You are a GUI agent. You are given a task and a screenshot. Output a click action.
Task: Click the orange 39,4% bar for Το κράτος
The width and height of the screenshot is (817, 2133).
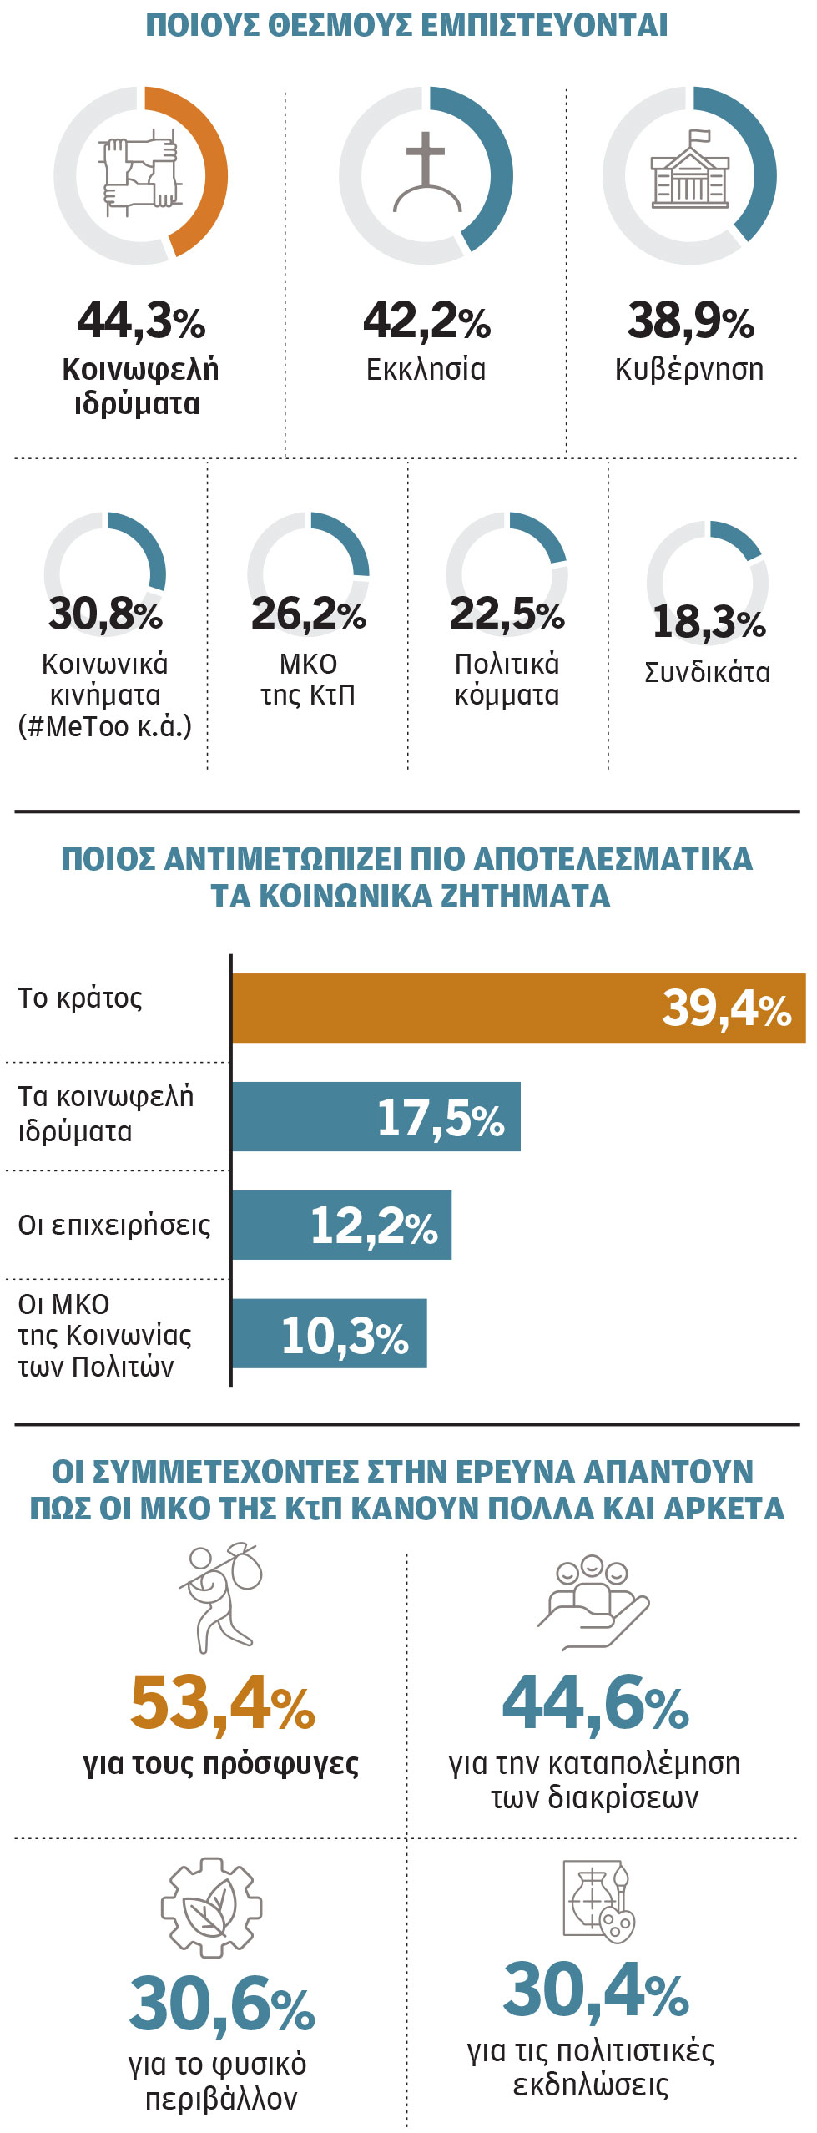tap(517, 1008)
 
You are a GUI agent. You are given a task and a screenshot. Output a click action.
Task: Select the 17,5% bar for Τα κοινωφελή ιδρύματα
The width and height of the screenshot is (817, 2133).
tap(376, 1116)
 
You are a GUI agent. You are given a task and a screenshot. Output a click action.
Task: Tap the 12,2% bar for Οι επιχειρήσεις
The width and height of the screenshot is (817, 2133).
tap(341, 1225)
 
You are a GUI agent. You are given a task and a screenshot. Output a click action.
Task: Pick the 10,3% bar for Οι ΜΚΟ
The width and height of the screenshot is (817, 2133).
tap(329, 1333)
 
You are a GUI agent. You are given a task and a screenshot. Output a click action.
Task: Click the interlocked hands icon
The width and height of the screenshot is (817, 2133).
tap(140, 174)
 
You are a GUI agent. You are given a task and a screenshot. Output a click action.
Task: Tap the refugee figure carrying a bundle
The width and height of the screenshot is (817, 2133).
tap(219, 1597)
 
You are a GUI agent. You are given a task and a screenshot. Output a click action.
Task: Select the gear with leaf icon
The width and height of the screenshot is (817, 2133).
tap(212, 1908)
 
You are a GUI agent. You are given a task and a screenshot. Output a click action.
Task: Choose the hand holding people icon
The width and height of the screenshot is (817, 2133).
tap(593, 1600)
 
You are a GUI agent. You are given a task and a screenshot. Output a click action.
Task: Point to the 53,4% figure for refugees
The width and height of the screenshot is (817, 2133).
tap(223, 1703)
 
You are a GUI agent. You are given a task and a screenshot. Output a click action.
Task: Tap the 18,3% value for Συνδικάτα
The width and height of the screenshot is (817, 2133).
tap(709, 622)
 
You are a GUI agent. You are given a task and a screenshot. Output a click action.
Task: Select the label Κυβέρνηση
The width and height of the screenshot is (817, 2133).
tap(689, 369)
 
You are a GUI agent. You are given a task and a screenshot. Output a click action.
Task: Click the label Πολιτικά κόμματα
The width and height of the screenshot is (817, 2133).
tap(507, 680)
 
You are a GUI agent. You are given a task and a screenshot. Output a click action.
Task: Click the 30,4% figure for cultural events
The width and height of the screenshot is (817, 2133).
tap(596, 1992)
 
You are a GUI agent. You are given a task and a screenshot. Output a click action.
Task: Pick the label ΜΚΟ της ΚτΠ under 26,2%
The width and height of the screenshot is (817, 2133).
tap(308, 680)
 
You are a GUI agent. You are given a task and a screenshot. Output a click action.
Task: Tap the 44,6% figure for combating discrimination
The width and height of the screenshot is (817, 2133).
tap(596, 1703)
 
